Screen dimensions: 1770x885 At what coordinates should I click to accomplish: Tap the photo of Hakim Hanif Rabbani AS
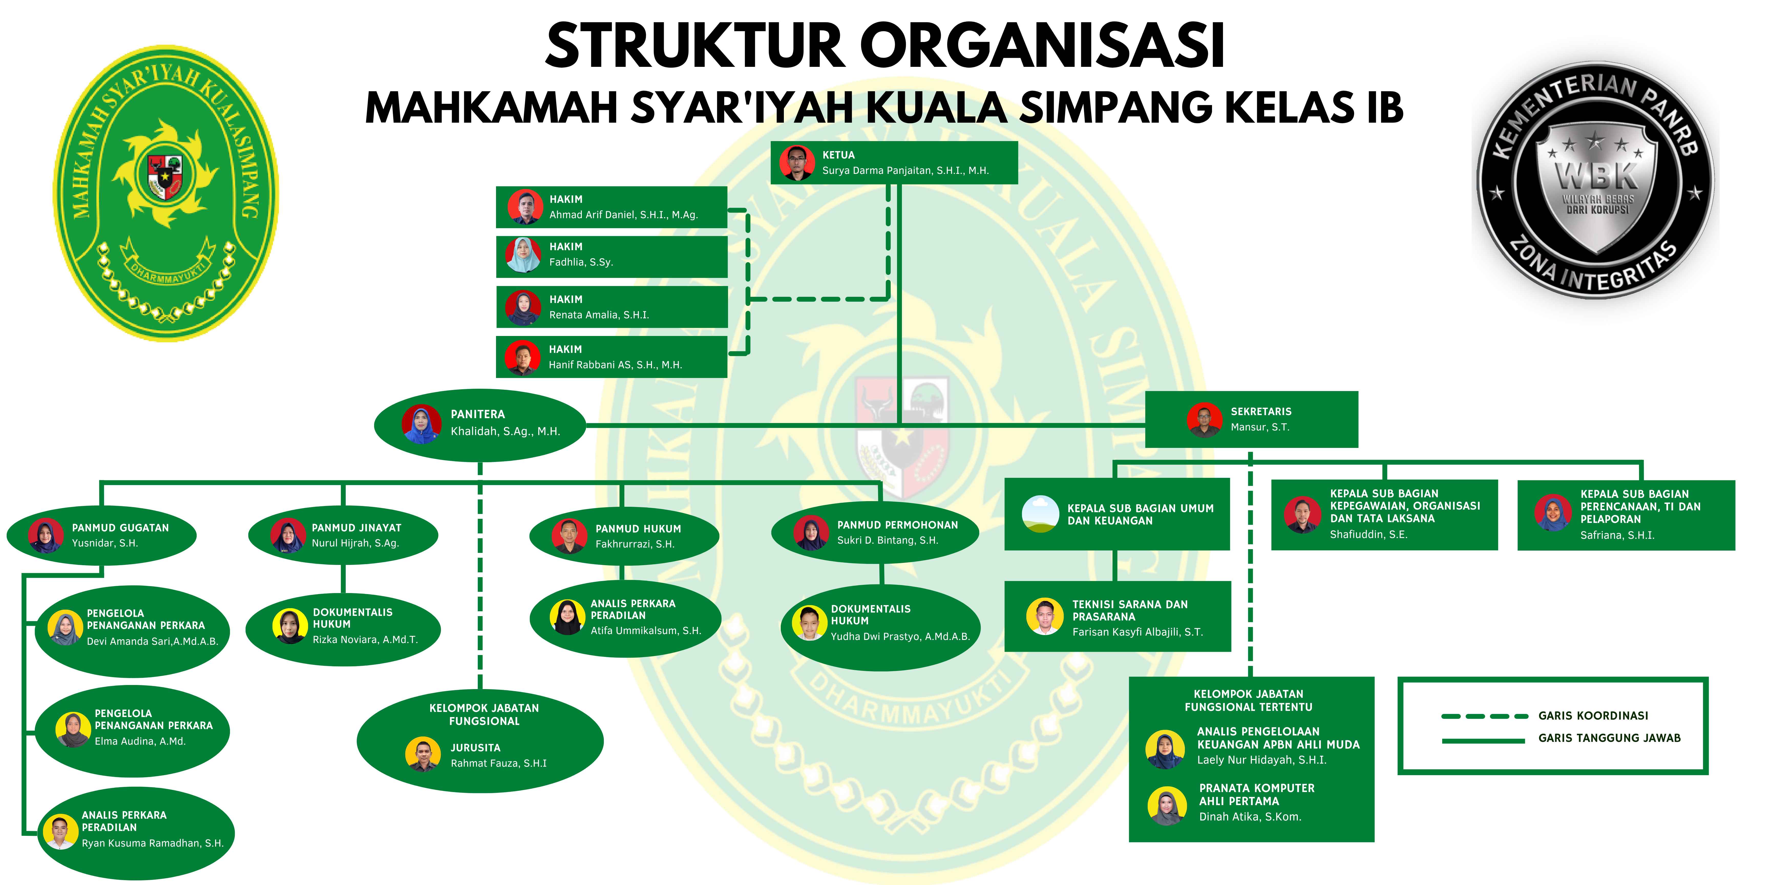[522, 357]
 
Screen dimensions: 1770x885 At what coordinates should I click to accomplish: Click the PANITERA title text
[478, 414]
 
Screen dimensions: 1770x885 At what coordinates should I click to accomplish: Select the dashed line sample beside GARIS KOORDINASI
[1484, 716]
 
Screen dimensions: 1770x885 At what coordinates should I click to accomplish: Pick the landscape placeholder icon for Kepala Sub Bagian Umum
[1040, 514]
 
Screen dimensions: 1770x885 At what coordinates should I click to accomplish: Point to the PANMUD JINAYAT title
[357, 528]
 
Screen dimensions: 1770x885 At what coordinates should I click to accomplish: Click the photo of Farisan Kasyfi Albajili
[1045, 616]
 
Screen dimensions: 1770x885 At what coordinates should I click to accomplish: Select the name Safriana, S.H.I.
[1617, 535]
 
